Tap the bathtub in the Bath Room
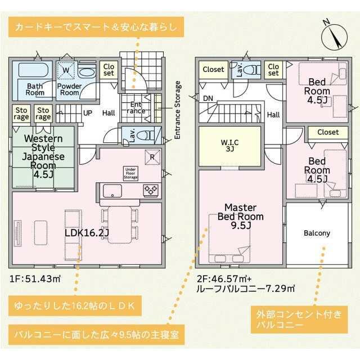click(x=33, y=70)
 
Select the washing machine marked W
click(x=66, y=70)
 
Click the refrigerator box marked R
click(x=152, y=157)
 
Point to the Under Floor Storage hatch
click(x=130, y=173)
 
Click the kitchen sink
click(x=112, y=191)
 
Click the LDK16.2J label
click(x=87, y=233)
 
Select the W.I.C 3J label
click(x=229, y=146)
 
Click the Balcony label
click(x=317, y=233)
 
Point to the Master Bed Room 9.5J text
click(x=241, y=216)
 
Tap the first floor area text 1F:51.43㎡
click(x=35, y=279)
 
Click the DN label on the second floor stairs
click(x=208, y=98)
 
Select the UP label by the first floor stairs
click(x=88, y=113)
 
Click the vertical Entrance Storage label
click(x=177, y=110)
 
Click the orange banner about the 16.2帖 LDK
click(x=75, y=306)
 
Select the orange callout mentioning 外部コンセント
click(x=299, y=319)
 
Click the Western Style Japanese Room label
click(x=43, y=156)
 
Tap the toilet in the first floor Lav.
click(x=145, y=136)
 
